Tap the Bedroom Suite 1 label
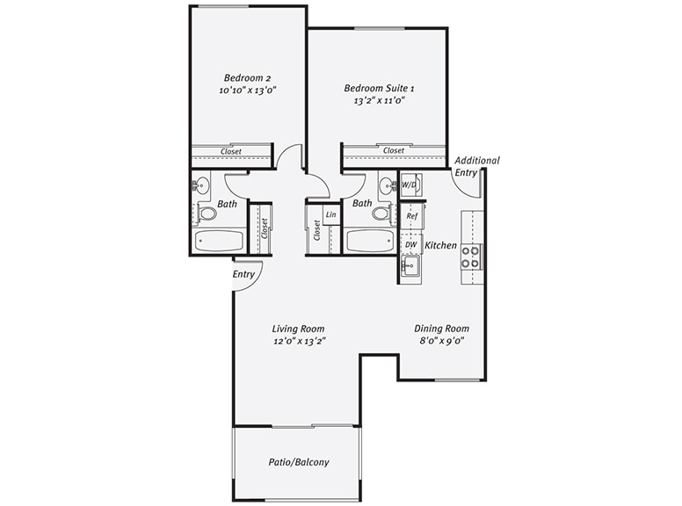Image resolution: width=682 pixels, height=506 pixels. pos(379,88)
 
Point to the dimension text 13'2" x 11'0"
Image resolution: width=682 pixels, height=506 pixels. pos(379,101)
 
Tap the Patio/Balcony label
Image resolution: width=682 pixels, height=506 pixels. pos(299,462)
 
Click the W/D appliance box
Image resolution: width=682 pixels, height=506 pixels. pos(410,185)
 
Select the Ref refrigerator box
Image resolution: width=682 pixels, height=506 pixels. pos(411,215)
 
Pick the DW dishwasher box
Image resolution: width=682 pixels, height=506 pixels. pos(411,244)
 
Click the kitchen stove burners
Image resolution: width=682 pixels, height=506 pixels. pos(472,257)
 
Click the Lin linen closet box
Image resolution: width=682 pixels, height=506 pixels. pos(331,214)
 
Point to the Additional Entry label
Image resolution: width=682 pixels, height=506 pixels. pos(476,166)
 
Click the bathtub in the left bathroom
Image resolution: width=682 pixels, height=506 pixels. pos(220,242)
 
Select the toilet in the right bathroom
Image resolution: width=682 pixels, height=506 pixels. pos(381,213)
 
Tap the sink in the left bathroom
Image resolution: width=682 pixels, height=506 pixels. pos(203,185)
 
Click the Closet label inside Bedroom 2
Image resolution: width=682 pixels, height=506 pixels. pos(231,151)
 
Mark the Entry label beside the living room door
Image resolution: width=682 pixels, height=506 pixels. pos(243,274)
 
